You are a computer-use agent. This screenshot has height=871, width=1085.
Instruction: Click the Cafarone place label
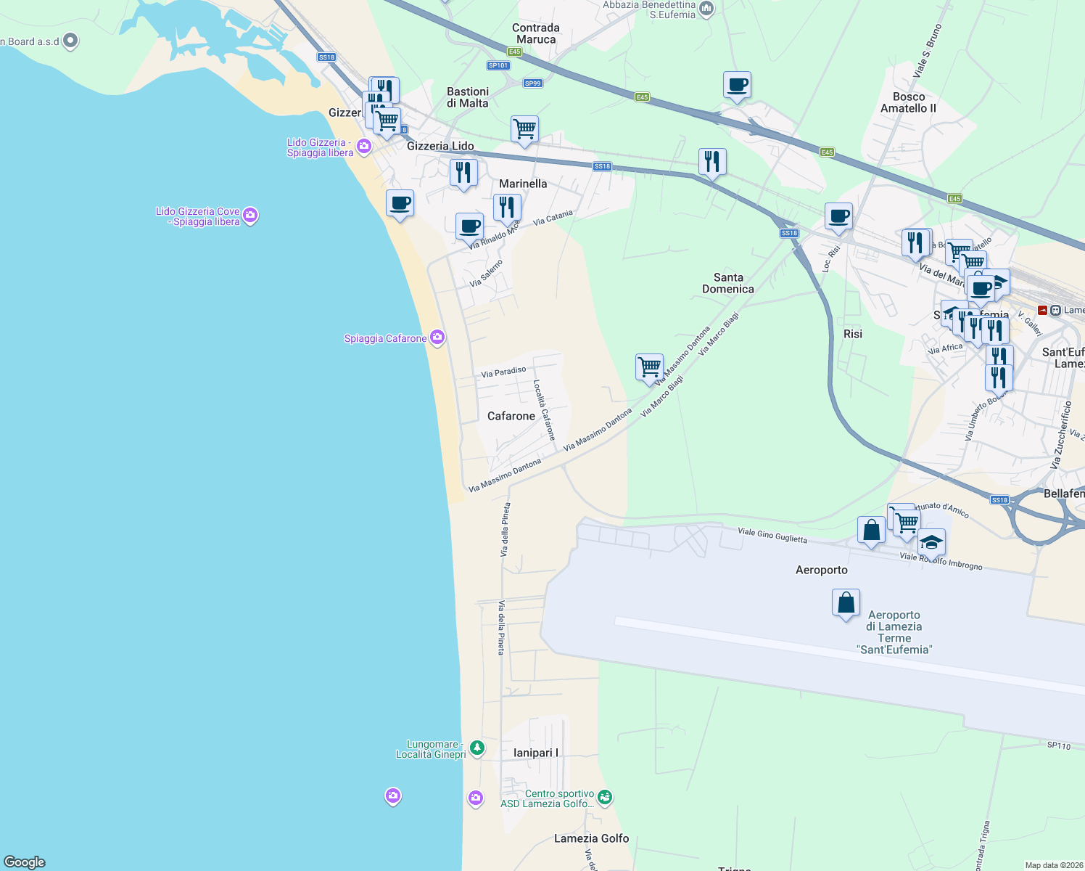511,416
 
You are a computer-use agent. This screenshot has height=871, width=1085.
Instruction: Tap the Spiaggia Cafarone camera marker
437,337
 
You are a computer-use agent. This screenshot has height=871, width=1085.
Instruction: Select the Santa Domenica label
728,283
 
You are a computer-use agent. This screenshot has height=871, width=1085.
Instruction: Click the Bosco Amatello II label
908,102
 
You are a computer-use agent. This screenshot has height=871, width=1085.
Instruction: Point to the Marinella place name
523,184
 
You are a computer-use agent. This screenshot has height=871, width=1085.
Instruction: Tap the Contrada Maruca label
536,33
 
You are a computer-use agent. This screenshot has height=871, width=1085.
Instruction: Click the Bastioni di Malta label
468,97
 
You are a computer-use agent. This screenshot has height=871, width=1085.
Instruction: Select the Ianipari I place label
536,753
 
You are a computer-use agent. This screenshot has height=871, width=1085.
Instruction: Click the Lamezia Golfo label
591,838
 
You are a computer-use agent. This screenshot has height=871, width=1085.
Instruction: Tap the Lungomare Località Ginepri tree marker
477,747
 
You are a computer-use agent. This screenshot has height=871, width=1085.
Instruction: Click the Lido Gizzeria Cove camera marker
250,215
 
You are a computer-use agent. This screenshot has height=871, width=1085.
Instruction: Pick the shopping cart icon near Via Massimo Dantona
649,366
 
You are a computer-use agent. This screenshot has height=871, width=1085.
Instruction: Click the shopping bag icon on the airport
846,602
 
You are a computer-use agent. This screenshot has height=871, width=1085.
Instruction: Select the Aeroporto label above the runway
821,570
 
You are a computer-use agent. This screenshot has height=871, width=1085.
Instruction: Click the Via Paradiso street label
503,372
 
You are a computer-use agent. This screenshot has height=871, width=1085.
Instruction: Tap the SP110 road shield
1058,745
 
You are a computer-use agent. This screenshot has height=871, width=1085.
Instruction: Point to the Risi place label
853,334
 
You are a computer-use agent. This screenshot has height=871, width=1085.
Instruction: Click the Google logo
25,862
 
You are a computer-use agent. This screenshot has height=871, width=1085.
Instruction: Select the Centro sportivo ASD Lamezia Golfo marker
605,798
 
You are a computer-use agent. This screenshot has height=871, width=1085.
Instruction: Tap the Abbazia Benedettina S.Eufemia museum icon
706,9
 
